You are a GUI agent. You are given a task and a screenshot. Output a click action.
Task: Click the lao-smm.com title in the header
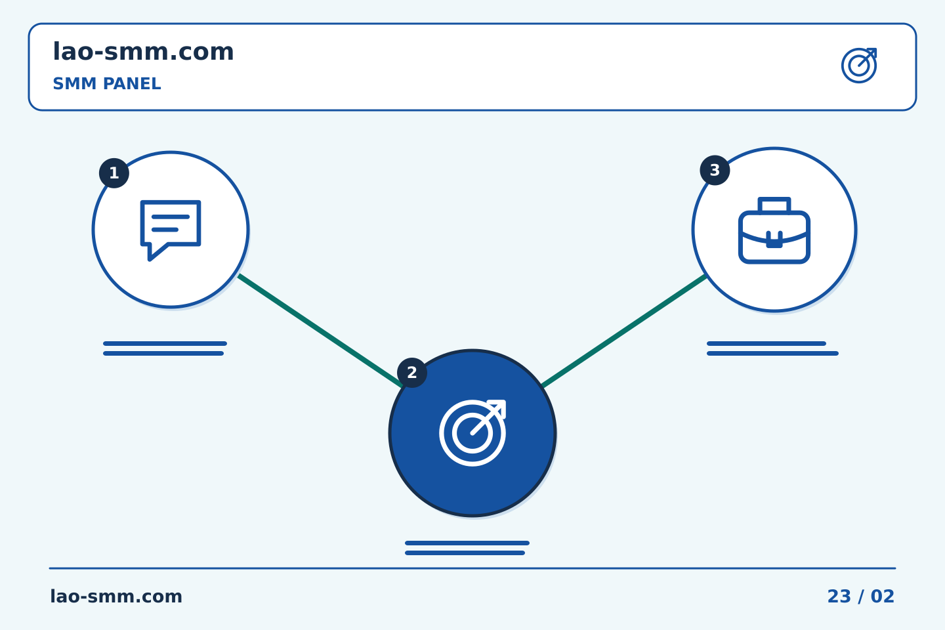coord(143,52)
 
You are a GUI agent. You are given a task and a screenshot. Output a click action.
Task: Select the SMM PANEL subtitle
coord(107,83)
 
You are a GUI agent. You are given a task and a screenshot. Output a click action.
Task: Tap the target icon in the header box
coord(859,66)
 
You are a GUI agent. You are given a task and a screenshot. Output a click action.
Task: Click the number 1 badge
coord(114,173)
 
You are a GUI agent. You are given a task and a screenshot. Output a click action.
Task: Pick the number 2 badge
coord(411,373)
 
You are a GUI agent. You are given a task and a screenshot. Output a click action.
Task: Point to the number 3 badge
coord(715,171)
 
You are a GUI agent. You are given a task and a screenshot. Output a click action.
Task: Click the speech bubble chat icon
coord(171,230)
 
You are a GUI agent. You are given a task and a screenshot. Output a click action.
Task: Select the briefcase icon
coord(774,230)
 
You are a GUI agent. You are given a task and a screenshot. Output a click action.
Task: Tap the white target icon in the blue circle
coord(472,433)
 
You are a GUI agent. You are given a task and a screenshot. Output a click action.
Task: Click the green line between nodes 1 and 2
coord(320,330)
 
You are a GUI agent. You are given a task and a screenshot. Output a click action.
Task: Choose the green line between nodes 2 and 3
coord(624,330)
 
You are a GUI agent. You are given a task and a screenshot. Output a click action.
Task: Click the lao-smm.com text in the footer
coord(116,597)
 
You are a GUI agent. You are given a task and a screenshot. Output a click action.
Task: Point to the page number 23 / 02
coord(860,597)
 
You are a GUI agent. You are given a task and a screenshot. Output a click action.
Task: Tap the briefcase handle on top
coord(774,205)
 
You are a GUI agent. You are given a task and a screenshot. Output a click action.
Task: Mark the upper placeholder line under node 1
coord(165,343)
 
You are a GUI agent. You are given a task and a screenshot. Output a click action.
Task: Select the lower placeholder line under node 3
coord(772,354)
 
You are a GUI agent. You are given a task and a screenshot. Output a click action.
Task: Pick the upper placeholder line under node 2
coord(467,543)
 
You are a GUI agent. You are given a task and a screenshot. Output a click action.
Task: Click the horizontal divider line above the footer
coord(472,568)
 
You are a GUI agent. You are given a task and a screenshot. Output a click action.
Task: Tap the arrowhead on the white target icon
coord(498,408)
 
